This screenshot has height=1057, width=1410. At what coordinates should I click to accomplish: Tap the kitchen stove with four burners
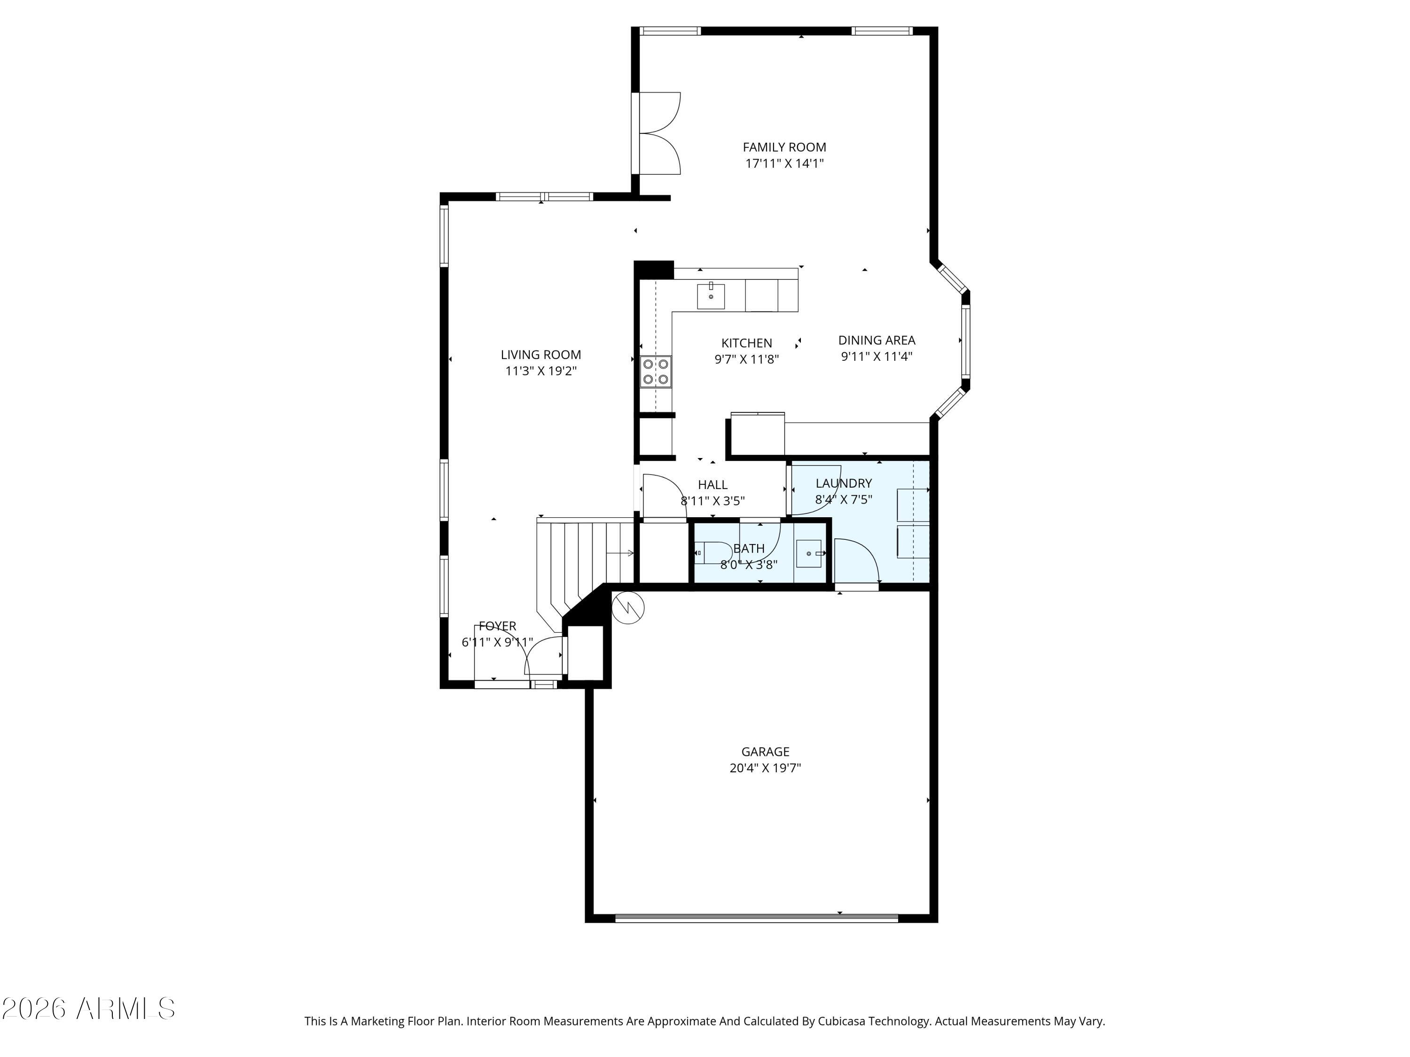(x=656, y=372)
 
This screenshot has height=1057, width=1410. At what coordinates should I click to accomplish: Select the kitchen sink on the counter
(x=711, y=295)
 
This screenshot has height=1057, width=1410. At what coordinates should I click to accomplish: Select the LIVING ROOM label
(x=540, y=355)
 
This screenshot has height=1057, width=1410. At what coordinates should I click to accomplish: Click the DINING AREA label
(x=877, y=340)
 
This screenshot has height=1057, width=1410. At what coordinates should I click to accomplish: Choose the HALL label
(x=713, y=485)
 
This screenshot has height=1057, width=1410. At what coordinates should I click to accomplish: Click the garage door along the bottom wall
(x=757, y=918)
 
